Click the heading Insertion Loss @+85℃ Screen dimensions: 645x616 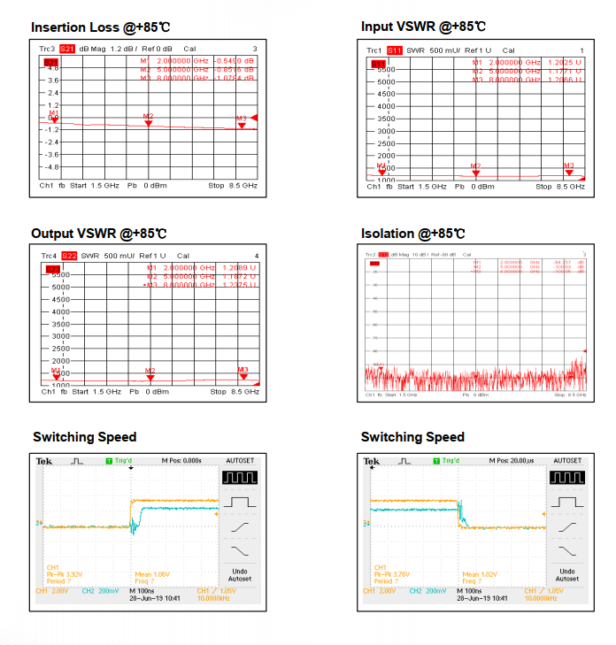(x=98, y=27)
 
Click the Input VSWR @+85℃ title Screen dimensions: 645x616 (x=423, y=27)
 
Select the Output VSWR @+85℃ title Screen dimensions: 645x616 (x=98, y=234)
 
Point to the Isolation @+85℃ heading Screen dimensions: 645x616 (x=412, y=234)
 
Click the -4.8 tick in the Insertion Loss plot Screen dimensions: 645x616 (x=53, y=166)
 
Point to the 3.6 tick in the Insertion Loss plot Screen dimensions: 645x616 (x=53, y=80)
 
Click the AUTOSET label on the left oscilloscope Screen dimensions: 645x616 (x=240, y=461)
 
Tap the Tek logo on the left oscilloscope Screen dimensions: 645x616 (x=44, y=461)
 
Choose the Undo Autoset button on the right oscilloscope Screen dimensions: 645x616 (x=567, y=575)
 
